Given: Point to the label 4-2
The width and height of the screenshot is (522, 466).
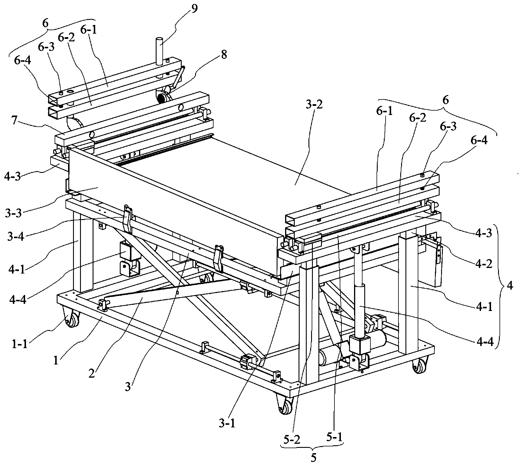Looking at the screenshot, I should [483, 264].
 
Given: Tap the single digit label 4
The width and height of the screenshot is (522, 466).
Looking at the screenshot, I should [510, 286].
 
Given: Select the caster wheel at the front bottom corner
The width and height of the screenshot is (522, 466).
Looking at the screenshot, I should [285, 405].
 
